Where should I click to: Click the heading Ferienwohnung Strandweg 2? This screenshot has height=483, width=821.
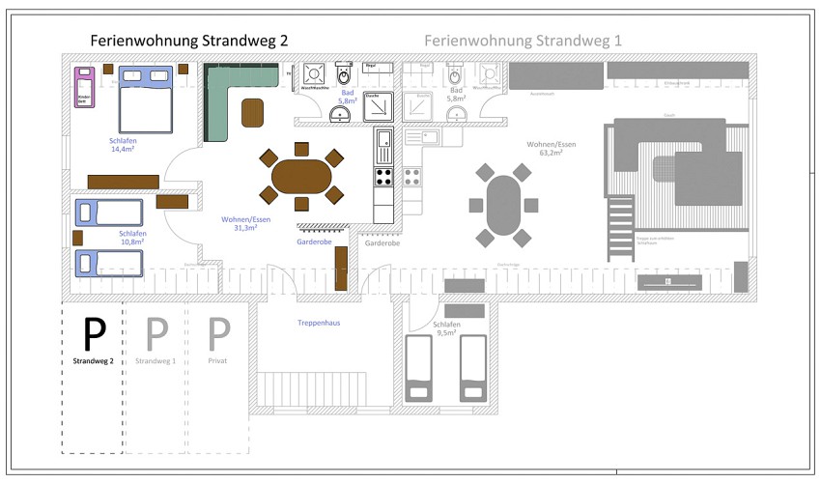(x=188, y=41)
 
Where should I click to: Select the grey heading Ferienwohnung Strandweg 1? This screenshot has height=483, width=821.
(x=523, y=41)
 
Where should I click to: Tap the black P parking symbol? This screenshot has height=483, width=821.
(x=94, y=333)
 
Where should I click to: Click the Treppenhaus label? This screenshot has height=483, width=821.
(x=319, y=324)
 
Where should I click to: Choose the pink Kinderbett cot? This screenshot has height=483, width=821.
(x=84, y=88)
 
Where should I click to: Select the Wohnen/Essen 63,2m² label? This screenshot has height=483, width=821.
(x=551, y=148)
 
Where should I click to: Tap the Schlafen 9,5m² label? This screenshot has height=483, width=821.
(x=446, y=329)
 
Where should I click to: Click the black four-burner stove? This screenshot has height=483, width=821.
(x=383, y=177)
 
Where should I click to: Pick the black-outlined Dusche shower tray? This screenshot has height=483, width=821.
(x=377, y=107)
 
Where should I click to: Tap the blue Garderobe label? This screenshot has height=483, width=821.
(x=314, y=241)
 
